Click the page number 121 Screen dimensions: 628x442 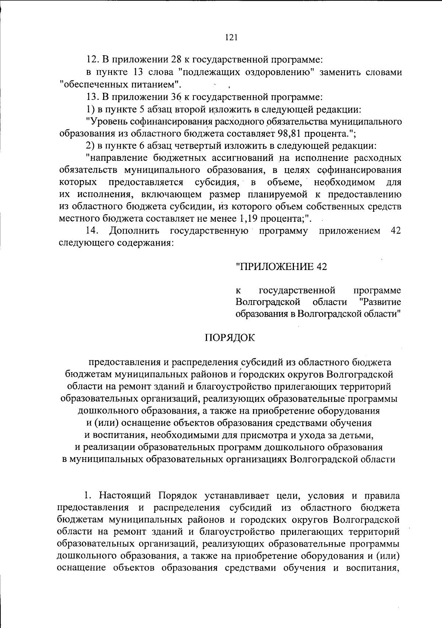click(x=229, y=37)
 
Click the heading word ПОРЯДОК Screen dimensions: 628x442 click(x=229, y=338)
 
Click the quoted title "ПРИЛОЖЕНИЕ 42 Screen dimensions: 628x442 click(x=281, y=266)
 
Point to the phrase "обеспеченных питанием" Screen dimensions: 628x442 click(x=120, y=85)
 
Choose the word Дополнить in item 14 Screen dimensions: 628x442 click(x=134, y=231)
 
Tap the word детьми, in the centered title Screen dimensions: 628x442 click(x=357, y=435)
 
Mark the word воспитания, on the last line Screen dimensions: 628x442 click(x=372, y=568)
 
